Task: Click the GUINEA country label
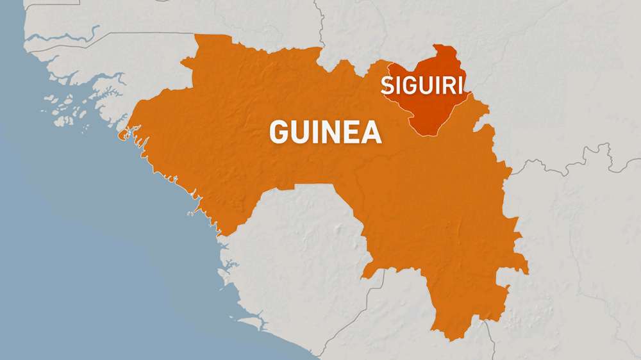(x=325, y=132)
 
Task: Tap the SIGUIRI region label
(x=423, y=85)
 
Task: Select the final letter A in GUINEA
(x=371, y=132)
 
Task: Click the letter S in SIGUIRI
(x=388, y=85)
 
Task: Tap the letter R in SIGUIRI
(x=448, y=85)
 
